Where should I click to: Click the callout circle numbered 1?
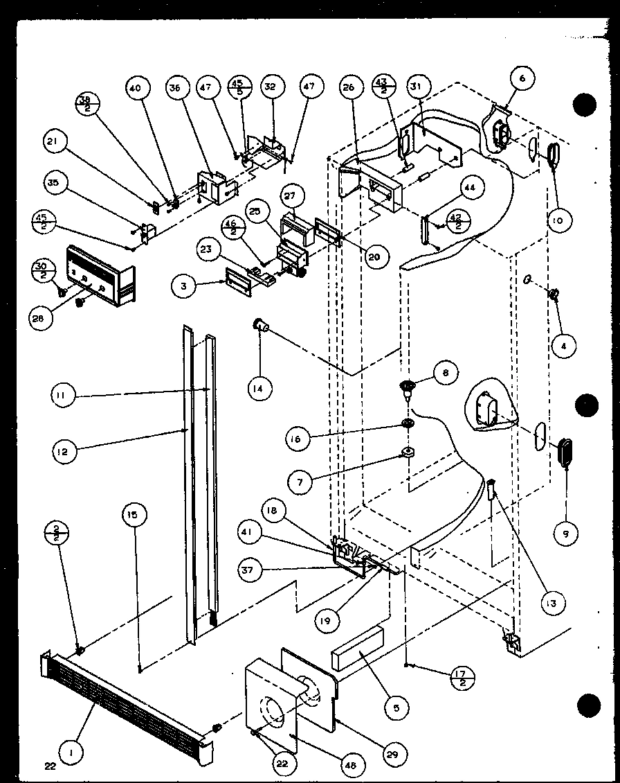(70, 748)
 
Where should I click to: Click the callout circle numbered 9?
(566, 532)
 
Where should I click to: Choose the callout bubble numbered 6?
(521, 79)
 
